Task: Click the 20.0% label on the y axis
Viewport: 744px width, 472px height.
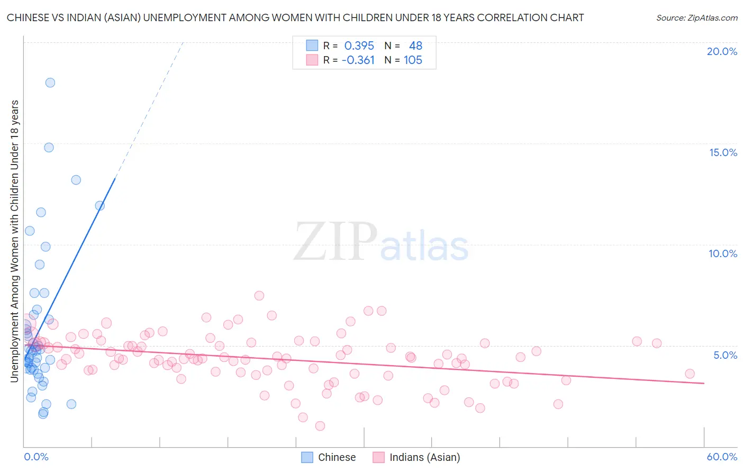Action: (722, 51)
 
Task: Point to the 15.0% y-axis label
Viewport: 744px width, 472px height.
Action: (723, 152)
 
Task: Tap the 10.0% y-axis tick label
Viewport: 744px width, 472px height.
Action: (723, 253)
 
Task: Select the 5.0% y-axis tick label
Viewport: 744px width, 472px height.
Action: (725, 355)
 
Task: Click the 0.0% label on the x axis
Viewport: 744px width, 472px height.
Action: (36, 457)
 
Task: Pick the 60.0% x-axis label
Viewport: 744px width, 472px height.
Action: (722, 457)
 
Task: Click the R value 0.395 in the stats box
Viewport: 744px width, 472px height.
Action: (359, 46)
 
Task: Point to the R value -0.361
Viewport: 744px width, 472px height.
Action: (358, 60)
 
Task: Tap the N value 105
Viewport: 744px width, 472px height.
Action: (413, 60)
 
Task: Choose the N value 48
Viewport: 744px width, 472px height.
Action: (415, 46)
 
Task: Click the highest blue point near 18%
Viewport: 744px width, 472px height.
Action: (50, 83)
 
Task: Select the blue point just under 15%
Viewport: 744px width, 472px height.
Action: (49, 148)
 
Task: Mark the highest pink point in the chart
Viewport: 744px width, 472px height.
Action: (259, 296)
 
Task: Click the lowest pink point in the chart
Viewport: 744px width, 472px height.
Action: (320, 426)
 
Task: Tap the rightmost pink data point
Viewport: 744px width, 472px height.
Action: (689, 374)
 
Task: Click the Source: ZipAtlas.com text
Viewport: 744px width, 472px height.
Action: (697, 18)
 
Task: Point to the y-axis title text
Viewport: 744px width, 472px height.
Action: (15, 241)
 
